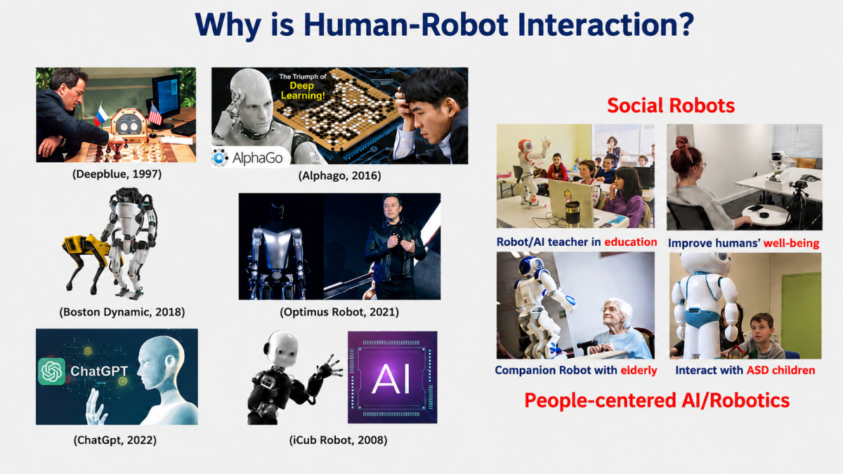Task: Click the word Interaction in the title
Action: point(606,25)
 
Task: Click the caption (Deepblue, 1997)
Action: point(117,174)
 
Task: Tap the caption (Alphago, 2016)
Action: point(339,176)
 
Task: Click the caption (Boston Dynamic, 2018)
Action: point(122,312)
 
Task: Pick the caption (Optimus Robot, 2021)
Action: point(339,312)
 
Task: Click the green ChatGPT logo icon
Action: point(51,371)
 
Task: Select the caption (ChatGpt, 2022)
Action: point(115,440)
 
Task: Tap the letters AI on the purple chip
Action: point(391,378)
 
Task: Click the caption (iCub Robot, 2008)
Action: point(338,440)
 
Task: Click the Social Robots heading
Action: point(671,105)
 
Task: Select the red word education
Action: point(631,242)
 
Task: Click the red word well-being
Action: point(791,243)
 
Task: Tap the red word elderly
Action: point(639,370)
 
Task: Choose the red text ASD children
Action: point(781,370)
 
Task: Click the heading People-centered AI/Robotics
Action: point(657,400)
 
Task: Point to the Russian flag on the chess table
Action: point(101,114)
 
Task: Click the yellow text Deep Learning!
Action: point(303,91)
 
